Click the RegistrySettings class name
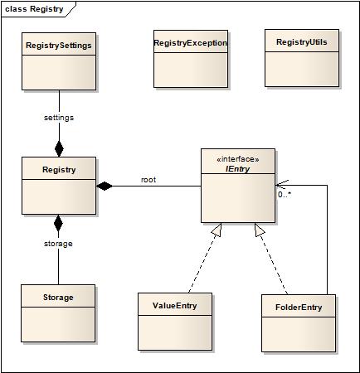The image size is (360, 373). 59,46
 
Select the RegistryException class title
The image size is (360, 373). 191,43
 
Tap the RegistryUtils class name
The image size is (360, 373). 302,42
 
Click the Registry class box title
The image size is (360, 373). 59,170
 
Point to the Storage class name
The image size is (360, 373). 58,298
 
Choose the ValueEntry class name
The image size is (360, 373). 175,306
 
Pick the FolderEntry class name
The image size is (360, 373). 299,308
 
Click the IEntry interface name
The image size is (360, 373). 238,169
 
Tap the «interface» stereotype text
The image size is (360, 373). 238,159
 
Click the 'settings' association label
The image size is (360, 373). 59,118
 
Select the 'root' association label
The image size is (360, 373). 148,180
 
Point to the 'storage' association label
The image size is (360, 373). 58,244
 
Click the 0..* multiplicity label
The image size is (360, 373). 285,195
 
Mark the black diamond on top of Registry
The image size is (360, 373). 59,149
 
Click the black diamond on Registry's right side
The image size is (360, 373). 105,186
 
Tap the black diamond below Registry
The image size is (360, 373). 58,223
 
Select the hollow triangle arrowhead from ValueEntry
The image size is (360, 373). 217,230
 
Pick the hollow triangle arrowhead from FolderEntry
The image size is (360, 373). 259,230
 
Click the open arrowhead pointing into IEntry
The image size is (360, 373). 282,185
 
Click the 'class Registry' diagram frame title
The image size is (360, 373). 34,9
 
